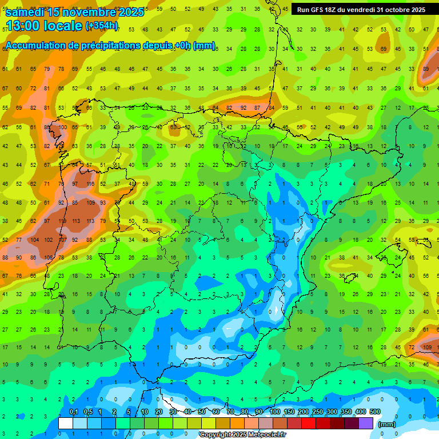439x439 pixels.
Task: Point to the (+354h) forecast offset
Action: (x=102, y=26)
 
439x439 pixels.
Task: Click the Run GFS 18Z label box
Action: (x=361, y=10)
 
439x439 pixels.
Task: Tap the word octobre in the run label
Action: (x=389, y=10)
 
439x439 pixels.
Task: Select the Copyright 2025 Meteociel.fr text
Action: (x=243, y=435)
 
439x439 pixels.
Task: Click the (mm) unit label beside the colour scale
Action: (x=386, y=424)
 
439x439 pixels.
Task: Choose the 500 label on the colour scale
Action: (x=374, y=412)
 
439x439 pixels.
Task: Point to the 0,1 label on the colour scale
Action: (x=73, y=412)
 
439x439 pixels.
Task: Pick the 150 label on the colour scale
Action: (x=289, y=412)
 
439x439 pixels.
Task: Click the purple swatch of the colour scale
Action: (x=366, y=423)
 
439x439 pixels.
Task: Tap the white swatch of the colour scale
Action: (x=66, y=423)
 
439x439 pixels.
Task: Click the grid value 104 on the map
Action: (x=34, y=240)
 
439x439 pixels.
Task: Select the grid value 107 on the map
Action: (x=62, y=240)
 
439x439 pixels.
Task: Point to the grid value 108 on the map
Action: (x=48, y=258)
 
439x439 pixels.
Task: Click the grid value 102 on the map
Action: (x=48, y=240)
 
